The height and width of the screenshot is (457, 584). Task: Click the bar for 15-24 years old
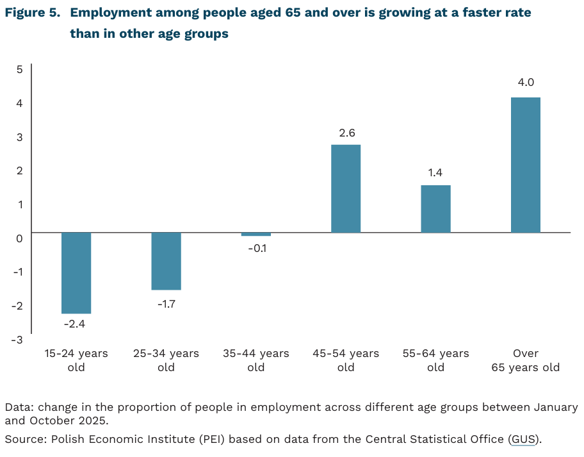pyautogui.click(x=76, y=273)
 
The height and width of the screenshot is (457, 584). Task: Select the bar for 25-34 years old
pyautogui.click(x=166, y=261)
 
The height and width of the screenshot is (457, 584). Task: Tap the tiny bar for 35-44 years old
pyautogui.click(x=255, y=235)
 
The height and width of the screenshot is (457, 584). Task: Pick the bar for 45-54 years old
pyautogui.click(x=346, y=188)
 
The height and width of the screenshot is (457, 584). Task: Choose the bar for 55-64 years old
pyautogui.click(x=435, y=209)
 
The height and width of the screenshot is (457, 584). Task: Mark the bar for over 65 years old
pyautogui.click(x=525, y=165)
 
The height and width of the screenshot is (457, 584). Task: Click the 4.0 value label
pyautogui.click(x=526, y=82)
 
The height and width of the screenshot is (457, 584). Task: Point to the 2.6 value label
pyautogui.click(x=346, y=133)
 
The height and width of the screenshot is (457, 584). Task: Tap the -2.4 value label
pyautogui.click(x=75, y=324)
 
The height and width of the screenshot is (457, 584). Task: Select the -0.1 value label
pyautogui.click(x=256, y=248)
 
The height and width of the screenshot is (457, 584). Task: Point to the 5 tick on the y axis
pyautogui.click(x=19, y=69)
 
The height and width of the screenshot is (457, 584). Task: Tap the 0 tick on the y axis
pyautogui.click(x=19, y=238)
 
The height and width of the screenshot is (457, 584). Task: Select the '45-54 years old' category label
pyautogui.click(x=346, y=360)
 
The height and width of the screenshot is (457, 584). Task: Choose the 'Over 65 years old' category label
pyautogui.click(x=525, y=360)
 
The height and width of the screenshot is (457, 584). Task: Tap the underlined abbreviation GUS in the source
pyautogui.click(x=523, y=439)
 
